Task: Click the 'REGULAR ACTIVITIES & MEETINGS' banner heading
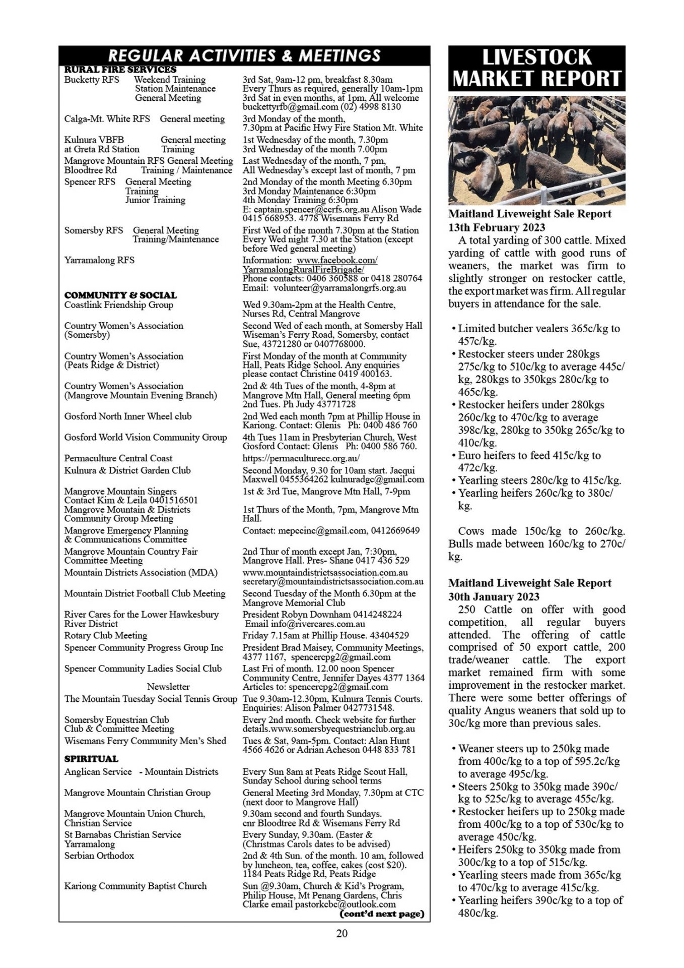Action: (x=244, y=55)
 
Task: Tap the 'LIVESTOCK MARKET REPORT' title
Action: (x=536, y=68)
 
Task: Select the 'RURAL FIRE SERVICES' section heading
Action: (x=120, y=70)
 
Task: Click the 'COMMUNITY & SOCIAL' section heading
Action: (x=120, y=295)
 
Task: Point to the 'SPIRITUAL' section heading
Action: (x=91, y=759)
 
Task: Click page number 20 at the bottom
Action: (x=341, y=933)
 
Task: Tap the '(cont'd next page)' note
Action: (x=382, y=914)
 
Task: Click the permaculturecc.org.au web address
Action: (x=301, y=458)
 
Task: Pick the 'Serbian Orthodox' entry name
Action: (x=99, y=856)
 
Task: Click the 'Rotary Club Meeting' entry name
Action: (x=106, y=635)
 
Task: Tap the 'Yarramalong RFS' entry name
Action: (x=99, y=260)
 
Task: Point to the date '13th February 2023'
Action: (x=497, y=227)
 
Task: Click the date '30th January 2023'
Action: (x=494, y=596)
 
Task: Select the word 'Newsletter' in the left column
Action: (x=168, y=687)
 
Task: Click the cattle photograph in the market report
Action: (x=536, y=150)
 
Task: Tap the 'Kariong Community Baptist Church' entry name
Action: (x=135, y=886)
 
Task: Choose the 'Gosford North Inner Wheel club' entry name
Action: (x=127, y=416)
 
